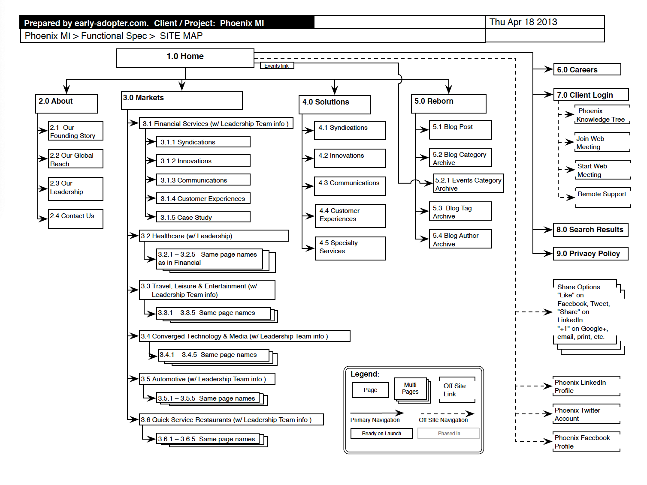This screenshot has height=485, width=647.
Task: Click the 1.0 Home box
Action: click(185, 58)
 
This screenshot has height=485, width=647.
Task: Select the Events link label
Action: click(277, 66)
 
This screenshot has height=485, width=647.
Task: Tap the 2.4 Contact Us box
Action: click(76, 219)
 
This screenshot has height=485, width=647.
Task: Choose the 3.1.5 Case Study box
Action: click(203, 217)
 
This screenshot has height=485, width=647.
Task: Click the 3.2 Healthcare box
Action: click(214, 236)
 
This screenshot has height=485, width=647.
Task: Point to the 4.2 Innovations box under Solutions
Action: click(350, 158)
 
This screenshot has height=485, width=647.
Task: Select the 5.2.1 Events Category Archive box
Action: click(468, 183)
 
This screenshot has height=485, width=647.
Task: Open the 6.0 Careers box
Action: click(587, 69)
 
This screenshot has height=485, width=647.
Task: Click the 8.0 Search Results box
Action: click(590, 230)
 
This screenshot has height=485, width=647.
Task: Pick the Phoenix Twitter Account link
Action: click(586, 414)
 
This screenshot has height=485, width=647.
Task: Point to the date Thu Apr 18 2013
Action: click(523, 22)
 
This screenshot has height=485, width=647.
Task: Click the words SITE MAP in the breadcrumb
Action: click(181, 36)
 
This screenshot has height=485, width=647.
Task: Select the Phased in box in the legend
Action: click(448, 433)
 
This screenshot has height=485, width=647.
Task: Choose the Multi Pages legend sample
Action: click(412, 390)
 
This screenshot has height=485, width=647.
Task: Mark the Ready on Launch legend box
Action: click(381, 433)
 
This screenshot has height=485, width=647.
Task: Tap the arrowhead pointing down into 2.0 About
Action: click(67, 89)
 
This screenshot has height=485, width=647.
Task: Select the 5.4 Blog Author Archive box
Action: click(460, 239)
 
